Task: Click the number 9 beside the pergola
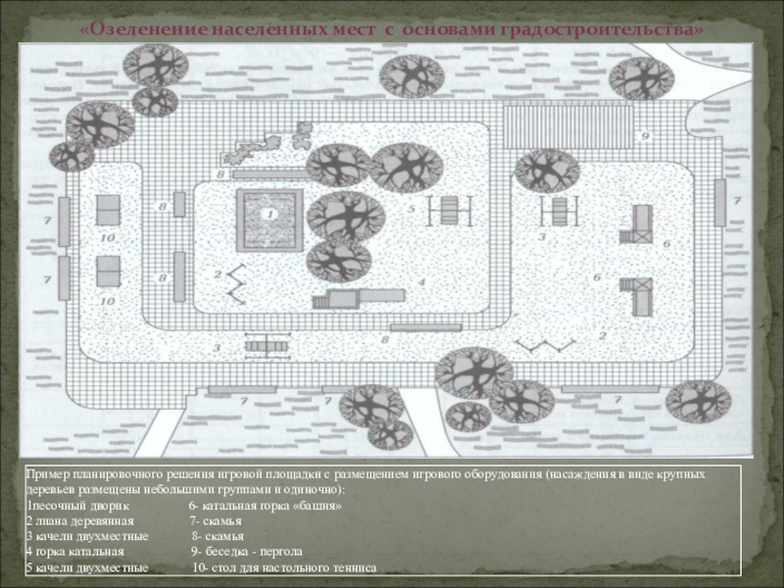pos(645,134)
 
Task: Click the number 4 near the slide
pos(420,281)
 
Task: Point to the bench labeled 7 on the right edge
pos(720,203)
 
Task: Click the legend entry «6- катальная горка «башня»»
pos(265,506)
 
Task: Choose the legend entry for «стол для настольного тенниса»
pos(284,567)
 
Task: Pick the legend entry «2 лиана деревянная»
pos(80,521)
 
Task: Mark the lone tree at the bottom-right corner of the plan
pos(698,400)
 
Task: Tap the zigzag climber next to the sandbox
pos(235,285)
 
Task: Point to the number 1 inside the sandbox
pos(269,213)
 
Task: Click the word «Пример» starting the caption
pos(47,473)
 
